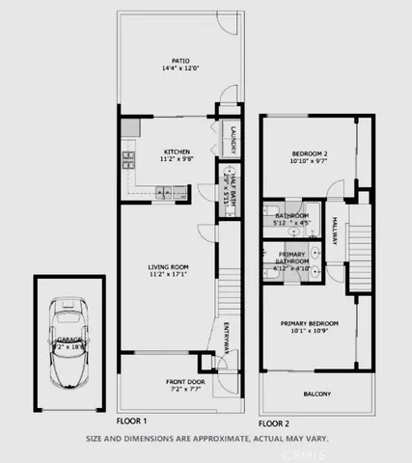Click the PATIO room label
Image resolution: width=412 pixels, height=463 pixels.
(176, 60)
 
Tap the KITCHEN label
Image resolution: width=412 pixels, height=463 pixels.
(177, 151)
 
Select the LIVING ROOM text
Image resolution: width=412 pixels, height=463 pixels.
(167, 267)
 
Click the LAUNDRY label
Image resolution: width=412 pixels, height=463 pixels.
(233, 140)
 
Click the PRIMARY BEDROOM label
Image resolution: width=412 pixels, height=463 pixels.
(309, 323)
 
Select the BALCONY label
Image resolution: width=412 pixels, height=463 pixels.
(317, 394)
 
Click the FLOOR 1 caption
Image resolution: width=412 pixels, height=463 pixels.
(131, 422)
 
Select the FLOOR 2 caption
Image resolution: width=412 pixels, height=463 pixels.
(274, 422)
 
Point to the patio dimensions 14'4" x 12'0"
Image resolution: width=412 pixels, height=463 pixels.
(176, 68)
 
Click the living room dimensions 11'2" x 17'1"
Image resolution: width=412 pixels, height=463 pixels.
(167, 276)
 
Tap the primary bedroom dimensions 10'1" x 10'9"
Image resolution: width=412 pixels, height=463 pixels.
(309, 332)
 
